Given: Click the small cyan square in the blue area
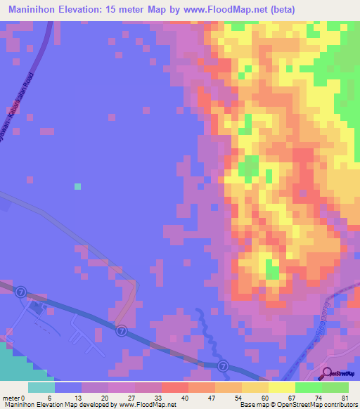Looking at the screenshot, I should point(77,186).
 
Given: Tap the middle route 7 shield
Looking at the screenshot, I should point(122,330).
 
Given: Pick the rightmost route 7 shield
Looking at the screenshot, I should point(223,365).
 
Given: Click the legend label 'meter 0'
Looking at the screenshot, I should point(15,397).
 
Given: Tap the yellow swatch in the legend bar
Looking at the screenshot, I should point(281,387).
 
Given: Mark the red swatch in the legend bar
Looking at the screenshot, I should point(174,387).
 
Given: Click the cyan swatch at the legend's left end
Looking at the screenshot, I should point(41,387).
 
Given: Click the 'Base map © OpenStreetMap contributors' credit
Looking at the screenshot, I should point(296,405).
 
